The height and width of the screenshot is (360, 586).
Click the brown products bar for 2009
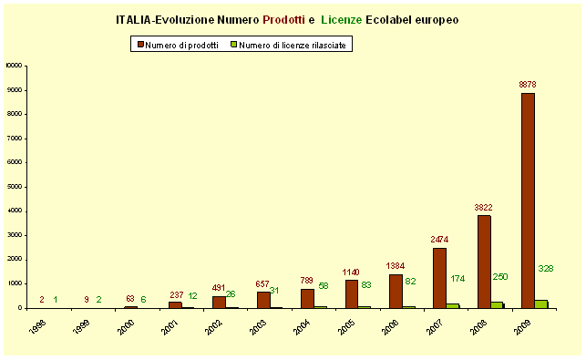pyautogui.click(x=528, y=201)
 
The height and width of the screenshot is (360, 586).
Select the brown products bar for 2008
pyautogui.click(x=484, y=262)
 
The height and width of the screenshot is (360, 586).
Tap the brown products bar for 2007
pyautogui.click(x=439, y=278)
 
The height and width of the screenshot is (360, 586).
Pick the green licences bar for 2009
pyautogui.click(x=541, y=303)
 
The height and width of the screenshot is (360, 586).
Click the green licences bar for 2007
pyautogui.click(x=453, y=305)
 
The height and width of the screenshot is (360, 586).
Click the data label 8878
pyautogui.click(x=527, y=85)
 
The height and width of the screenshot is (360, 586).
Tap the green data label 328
pyautogui.click(x=546, y=268)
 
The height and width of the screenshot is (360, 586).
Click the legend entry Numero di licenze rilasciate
pyautogui.click(x=291, y=44)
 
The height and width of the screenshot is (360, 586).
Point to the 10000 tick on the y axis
pyautogui.click(x=15, y=66)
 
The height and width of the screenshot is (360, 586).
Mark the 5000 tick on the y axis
pyautogui.click(x=16, y=187)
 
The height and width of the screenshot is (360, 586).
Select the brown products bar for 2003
pyautogui.click(x=262, y=300)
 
